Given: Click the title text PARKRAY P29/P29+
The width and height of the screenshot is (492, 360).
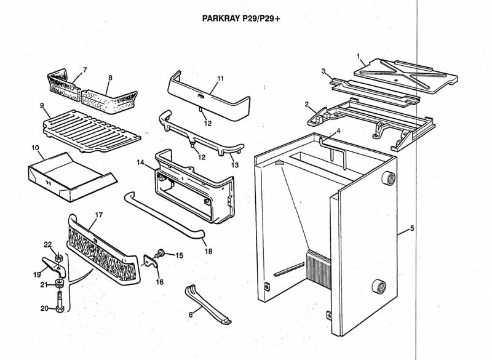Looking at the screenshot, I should [x=241, y=18].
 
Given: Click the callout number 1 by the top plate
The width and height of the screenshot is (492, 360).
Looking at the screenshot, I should [x=358, y=56].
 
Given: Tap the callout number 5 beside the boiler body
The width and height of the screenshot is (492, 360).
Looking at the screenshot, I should [x=411, y=229].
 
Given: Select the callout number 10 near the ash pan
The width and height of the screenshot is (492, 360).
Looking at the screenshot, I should [x=35, y=148].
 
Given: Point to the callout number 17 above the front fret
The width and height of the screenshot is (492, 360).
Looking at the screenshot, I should [x=98, y=216].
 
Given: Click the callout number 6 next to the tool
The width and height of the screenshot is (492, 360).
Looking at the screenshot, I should [x=191, y=314].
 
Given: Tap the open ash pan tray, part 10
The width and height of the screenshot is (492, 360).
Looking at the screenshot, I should [x=68, y=173].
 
